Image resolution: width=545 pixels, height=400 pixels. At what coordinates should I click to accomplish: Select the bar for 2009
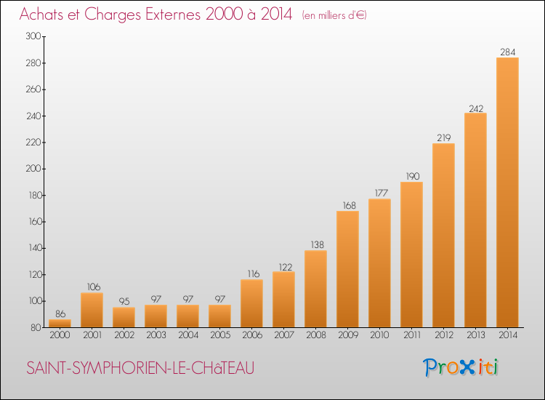pyautogui.click(x=347, y=269)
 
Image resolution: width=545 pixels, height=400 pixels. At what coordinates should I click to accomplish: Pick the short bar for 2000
pyautogui.click(x=60, y=324)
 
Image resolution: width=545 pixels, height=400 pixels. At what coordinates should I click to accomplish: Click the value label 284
pyautogui.click(x=507, y=52)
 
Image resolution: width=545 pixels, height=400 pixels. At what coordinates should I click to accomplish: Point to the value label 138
pyautogui.click(x=315, y=245)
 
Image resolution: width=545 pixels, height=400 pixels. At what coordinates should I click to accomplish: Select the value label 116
pyautogui.click(x=251, y=274)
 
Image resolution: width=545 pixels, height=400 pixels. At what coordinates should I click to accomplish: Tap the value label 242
pyautogui.click(x=475, y=108)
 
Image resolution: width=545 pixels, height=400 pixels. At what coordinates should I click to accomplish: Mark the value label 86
pyautogui.click(x=60, y=313)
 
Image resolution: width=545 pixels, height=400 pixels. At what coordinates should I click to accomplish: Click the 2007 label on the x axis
pyautogui.click(x=283, y=335)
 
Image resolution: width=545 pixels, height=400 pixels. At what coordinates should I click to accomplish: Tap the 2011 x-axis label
pyautogui.click(x=411, y=335)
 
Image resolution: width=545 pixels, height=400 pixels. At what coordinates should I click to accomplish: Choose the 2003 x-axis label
pyautogui.click(x=156, y=335)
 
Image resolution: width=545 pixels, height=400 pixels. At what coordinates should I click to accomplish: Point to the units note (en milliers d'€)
pyautogui.click(x=334, y=15)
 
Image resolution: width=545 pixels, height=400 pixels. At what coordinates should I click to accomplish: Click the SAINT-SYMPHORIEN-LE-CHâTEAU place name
pyautogui.click(x=140, y=368)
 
